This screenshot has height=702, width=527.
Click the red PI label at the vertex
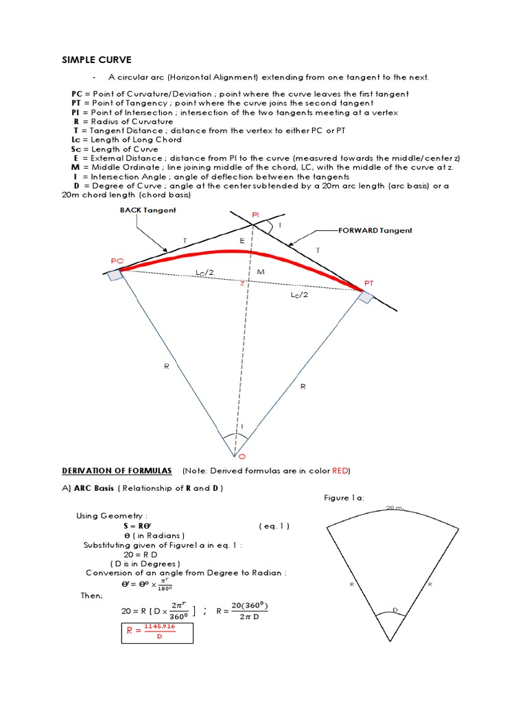pyautogui.click(x=255, y=215)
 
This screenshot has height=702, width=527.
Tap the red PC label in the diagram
pyautogui.click(x=117, y=261)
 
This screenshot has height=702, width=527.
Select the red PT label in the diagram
pyautogui.click(x=369, y=282)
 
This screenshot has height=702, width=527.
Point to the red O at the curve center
pyautogui.click(x=240, y=456)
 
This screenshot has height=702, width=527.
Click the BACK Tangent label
pyautogui.click(x=148, y=210)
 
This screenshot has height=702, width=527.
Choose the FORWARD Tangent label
pyautogui.click(x=375, y=230)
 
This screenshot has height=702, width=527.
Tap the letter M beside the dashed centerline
pyautogui.click(x=260, y=272)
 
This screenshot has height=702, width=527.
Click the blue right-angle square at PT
pyautogui.click(x=366, y=296)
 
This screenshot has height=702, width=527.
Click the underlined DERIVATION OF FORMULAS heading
pyautogui.click(x=117, y=470)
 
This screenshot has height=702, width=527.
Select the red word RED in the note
pyautogui.click(x=340, y=470)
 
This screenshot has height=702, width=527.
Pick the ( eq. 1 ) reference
pyautogui.click(x=274, y=526)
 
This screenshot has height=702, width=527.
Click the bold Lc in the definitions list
pyautogui.click(x=76, y=140)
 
